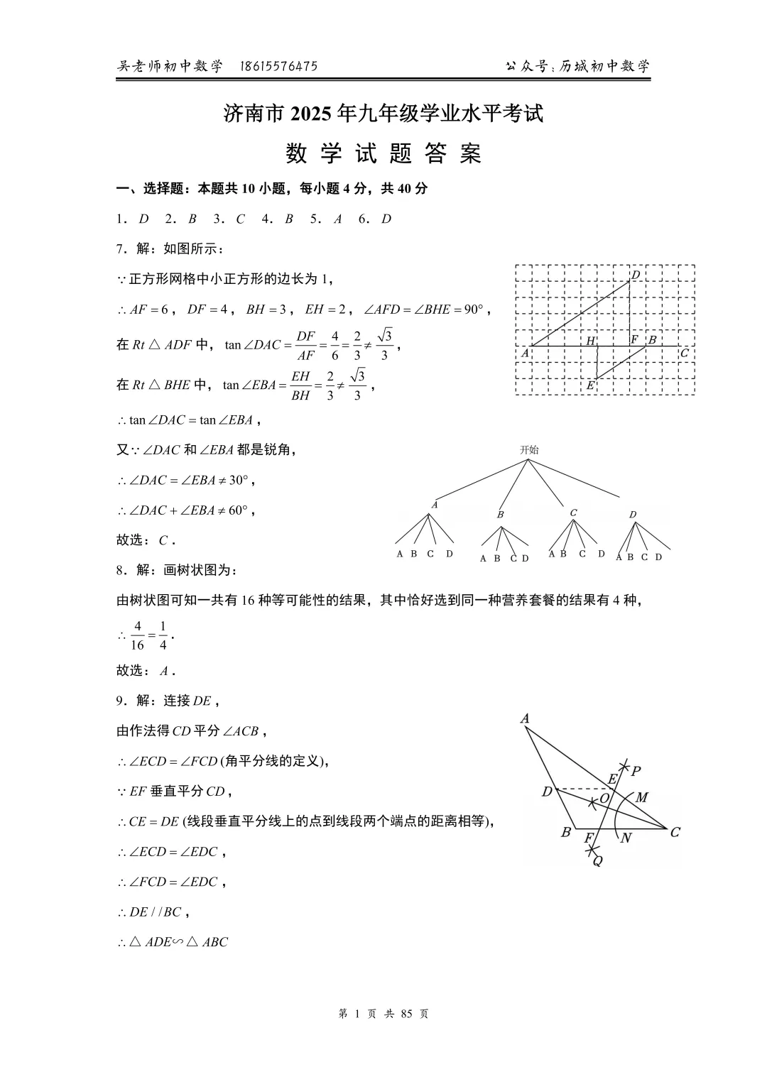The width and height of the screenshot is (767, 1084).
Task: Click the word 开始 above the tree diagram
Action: point(529,449)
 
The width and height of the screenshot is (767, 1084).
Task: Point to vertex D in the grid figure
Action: point(636,275)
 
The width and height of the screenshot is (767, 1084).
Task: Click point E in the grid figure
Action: point(590,385)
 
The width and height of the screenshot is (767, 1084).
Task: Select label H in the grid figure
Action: point(590,341)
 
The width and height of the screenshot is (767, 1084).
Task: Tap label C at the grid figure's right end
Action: point(685,353)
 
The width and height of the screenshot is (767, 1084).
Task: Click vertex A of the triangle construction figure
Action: point(525,718)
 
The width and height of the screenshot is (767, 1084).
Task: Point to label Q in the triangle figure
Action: point(597,861)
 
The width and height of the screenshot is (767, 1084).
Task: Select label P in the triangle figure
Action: point(636,771)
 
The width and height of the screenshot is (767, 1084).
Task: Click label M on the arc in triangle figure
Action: point(641,797)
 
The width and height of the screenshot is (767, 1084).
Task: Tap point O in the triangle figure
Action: point(604,798)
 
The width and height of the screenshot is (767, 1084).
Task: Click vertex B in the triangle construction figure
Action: point(566,832)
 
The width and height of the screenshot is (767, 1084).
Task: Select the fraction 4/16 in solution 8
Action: point(137,635)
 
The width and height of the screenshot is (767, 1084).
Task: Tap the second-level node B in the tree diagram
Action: point(501,514)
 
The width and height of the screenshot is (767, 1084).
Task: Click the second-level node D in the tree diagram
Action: point(633,515)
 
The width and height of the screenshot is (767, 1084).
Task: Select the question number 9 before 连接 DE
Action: point(120,701)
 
